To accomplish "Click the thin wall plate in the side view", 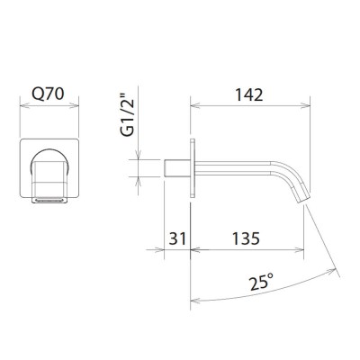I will (x=192, y=167).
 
